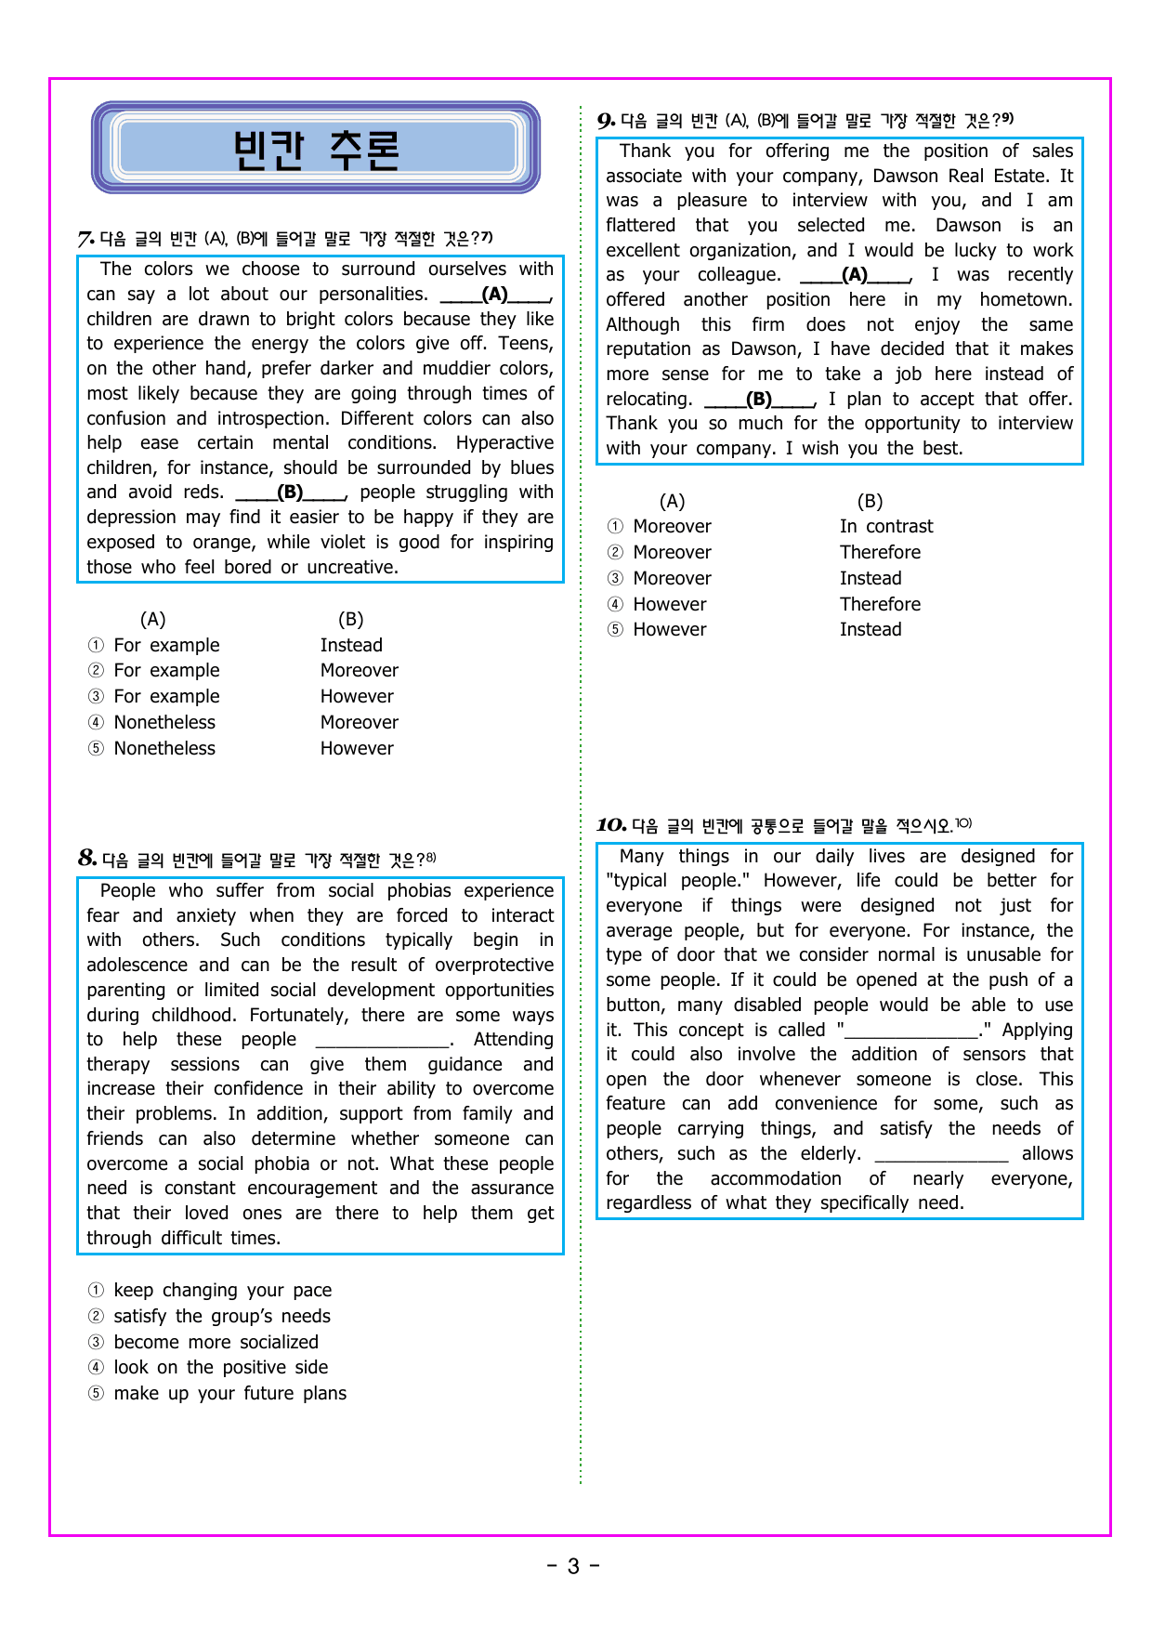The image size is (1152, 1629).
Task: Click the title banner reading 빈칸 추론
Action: click(316, 149)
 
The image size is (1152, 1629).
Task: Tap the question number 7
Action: click(85, 239)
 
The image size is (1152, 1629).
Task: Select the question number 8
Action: click(87, 858)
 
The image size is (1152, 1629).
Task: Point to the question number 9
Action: click(606, 121)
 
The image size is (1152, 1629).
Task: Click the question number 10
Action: click(611, 824)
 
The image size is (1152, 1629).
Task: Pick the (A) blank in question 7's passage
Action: click(495, 295)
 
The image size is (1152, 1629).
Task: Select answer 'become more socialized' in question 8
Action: click(216, 1342)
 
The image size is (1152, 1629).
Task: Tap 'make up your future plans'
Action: click(229, 1393)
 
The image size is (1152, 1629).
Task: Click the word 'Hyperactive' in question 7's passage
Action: click(504, 443)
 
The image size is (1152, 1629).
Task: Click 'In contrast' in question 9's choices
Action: click(886, 527)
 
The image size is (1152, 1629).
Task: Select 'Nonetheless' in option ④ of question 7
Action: click(164, 723)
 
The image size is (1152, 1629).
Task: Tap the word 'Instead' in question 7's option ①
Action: click(351, 646)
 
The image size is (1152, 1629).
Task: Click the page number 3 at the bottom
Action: click(573, 1567)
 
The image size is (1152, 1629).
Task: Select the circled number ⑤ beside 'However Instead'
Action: click(615, 630)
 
